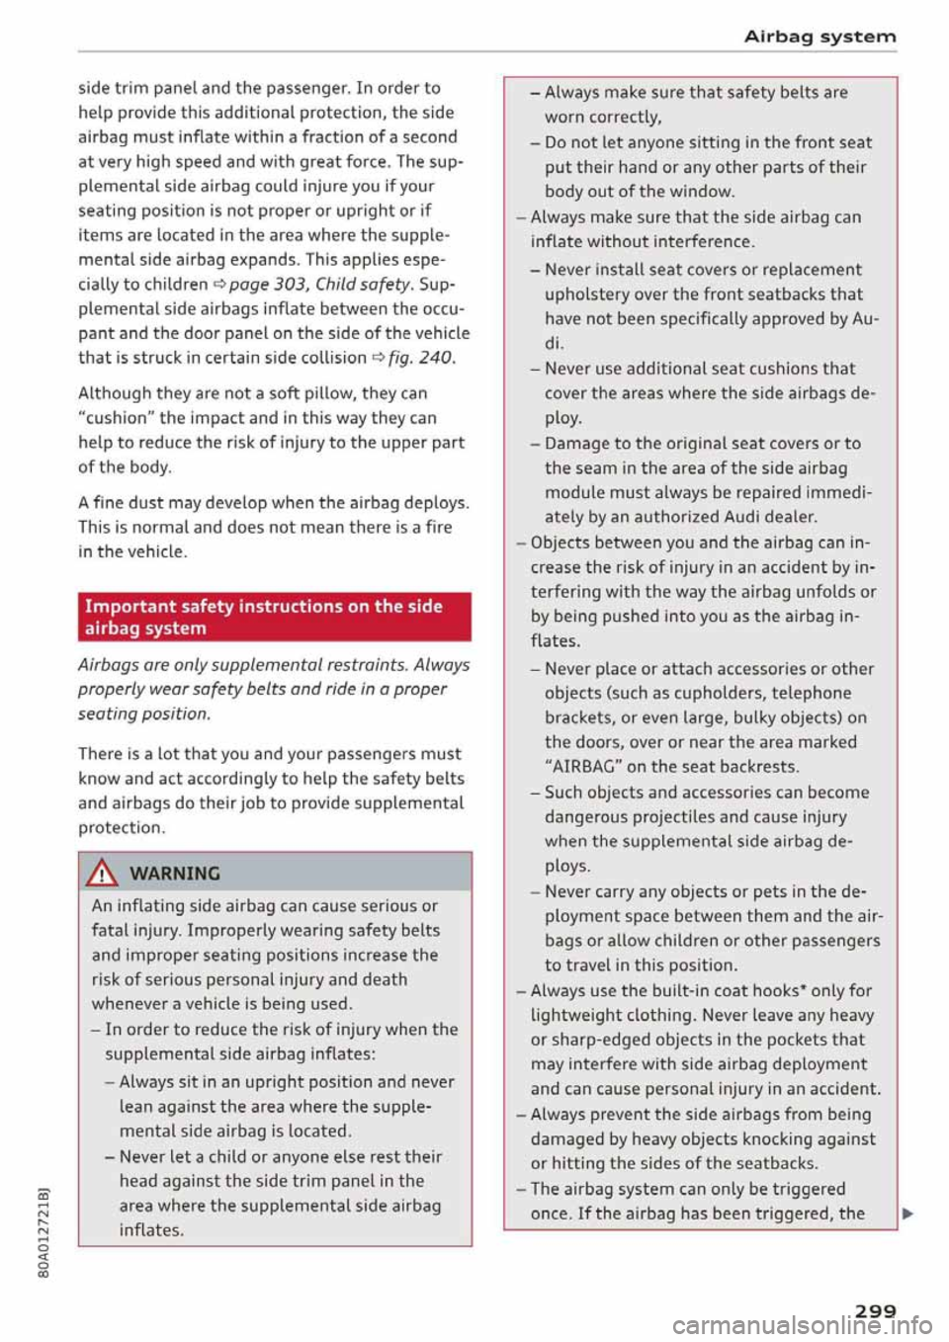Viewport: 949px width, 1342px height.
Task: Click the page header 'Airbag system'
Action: tap(820, 37)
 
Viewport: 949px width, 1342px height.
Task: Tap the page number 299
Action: tap(875, 1310)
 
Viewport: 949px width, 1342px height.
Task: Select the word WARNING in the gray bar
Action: tap(175, 874)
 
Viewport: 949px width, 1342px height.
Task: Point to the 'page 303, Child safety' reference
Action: tap(320, 285)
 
